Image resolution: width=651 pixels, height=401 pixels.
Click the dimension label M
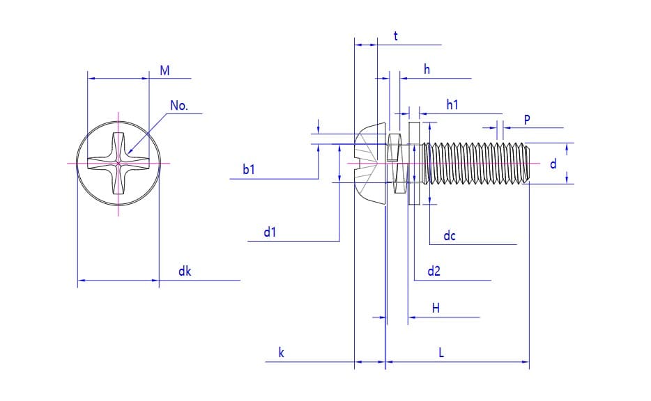click(x=164, y=70)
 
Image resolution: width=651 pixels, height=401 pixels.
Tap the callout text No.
click(x=179, y=106)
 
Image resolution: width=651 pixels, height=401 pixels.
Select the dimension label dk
click(x=184, y=272)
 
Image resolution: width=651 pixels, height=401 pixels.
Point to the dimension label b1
click(x=249, y=169)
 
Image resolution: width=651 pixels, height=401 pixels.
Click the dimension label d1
click(x=270, y=233)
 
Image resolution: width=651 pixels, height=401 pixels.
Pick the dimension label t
click(x=395, y=36)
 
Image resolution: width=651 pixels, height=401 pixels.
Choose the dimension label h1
click(x=452, y=104)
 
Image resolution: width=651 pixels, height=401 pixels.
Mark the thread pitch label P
click(x=527, y=120)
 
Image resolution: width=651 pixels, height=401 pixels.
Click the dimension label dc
click(x=450, y=236)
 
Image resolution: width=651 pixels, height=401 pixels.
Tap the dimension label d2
click(x=434, y=271)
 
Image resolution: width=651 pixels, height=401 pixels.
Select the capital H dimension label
click(x=436, y=308)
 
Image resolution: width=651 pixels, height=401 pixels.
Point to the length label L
click(x=441, y=353)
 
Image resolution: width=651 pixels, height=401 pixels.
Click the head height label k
click(x=281, y=353)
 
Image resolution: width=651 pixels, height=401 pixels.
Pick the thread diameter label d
click(x=553, y=164)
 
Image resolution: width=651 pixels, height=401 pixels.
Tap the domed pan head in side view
click(x=369, y=163)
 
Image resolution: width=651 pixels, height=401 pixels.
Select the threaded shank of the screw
click(x=474, y=163)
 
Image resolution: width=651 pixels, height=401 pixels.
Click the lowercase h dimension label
click(x=427, y=69)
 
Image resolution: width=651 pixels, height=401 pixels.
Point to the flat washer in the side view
click(x=413, y=163)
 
